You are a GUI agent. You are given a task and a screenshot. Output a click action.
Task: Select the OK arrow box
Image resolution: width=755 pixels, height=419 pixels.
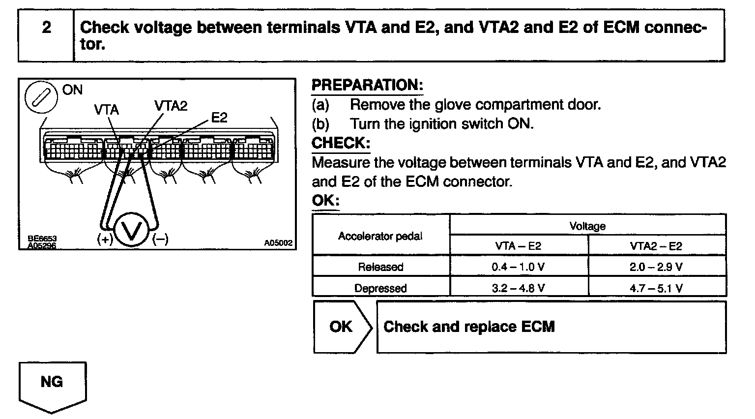pyautogui.click(x=342, y=327)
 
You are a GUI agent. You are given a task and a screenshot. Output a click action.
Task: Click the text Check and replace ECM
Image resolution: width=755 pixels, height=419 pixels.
pyautogui.click(x=469, y=327)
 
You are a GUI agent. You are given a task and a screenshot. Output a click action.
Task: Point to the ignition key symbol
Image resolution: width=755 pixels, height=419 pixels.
pyautogui.click(x=41, y=96)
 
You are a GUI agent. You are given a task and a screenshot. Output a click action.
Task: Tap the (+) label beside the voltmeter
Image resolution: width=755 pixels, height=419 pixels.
pyautogui.click(x=105, y=239)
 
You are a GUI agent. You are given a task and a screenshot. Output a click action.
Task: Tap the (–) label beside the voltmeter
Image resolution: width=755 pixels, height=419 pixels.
pyautogui.click(x=160, y=239)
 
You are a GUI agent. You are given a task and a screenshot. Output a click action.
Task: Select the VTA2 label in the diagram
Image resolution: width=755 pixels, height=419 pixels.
pyautogui.click(x=171, y=106)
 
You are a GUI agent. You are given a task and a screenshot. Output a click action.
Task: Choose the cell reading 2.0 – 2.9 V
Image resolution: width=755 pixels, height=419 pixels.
pyautogui.click(x=656, y=267)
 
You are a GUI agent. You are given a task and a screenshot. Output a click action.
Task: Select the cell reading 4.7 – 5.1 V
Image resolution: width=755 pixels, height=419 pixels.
pyautogui.click(x=656, y=288)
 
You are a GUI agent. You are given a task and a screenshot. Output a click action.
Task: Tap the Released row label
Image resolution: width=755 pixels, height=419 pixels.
pyautogui.click(x=380, y=267)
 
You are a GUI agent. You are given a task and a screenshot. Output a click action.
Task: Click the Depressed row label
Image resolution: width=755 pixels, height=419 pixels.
pyautogui.click(x=380, y=288)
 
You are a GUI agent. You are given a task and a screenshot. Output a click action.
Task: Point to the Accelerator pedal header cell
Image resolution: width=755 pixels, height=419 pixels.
pyautogui.click(x=380, y=236)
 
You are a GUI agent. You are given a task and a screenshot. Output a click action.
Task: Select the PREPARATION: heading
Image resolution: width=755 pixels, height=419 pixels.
pyautogui.click(x=367, y=85)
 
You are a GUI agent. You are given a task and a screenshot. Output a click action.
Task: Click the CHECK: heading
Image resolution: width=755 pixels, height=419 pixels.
pyautogui.click(x=341, y=143)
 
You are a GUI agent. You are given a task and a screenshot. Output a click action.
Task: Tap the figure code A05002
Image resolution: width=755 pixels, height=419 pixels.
pyautogui.click(x=278, y=243)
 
